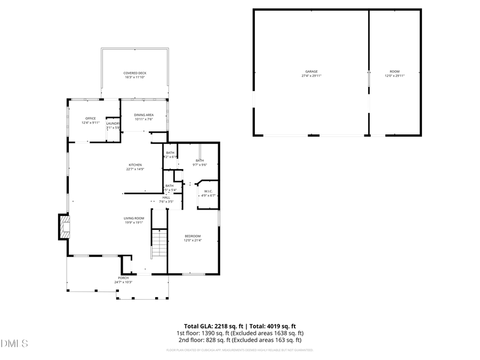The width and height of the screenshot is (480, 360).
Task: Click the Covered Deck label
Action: point(135,73)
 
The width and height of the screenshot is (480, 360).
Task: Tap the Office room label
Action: point(91,118)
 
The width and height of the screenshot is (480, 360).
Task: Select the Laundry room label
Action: point(113,124)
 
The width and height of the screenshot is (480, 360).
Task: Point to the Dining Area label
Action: point(144,115)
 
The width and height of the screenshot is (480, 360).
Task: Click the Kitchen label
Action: point(135,165)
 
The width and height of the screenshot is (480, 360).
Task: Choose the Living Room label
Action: point(134,218)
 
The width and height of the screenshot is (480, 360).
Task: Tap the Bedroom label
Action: point(193,236)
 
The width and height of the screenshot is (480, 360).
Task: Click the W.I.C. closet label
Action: point(208,191)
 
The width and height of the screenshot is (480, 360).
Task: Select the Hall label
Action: point(166,198)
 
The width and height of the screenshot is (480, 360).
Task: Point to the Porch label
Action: point(123,278)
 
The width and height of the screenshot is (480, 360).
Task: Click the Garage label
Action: point(311,71)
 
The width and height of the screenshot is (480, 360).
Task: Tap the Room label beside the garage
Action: point(394,71)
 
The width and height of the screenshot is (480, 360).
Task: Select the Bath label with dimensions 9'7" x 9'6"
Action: point(200,161)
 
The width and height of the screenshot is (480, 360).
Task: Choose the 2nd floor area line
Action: point(239,340)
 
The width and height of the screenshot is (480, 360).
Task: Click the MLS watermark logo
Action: point(15,343)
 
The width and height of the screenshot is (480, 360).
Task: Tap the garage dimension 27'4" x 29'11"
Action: point(311,76)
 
